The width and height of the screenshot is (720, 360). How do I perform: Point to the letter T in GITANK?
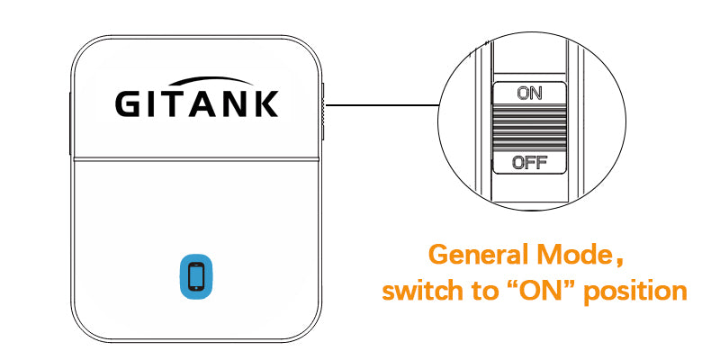coord(180,103)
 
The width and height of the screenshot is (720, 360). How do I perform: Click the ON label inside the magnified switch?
coord(529,93)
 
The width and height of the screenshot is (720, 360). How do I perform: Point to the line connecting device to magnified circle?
coord(382,105)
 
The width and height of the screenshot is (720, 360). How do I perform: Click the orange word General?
coord(475,254)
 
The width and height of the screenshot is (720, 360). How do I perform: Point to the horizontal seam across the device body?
coord(198,160)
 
